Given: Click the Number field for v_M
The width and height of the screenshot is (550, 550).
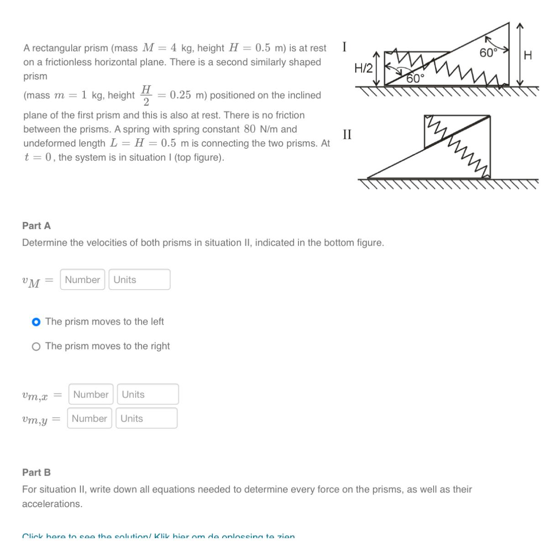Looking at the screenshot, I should pos(82,279).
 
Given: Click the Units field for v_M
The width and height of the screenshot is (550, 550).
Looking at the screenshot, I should pos(139,279).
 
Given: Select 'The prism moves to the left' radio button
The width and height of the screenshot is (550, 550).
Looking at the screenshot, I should pos(36,322).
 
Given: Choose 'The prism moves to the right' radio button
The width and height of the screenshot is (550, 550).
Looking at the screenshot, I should pos(36,346).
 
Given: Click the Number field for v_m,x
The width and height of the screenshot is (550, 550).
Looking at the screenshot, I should pos(91,394).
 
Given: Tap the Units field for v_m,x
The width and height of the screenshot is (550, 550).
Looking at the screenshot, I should pos(147,394).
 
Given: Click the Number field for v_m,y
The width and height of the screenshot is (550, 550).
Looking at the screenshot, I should pos(89,418).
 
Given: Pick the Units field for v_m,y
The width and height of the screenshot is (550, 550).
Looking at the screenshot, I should pos(146,418).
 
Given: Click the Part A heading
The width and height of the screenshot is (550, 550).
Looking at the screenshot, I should pos(37,225).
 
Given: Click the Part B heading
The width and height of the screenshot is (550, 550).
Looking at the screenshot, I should pos(37,472).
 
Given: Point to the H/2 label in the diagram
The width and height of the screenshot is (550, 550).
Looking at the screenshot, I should pos(363,68).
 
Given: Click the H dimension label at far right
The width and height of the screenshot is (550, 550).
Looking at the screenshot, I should pos(528,56).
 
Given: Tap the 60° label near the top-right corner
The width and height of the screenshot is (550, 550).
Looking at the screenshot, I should pos(488,53).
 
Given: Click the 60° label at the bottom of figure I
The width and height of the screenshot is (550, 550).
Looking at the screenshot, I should pos(415,79).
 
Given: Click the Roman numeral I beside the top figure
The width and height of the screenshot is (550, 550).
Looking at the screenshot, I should pos(344,47).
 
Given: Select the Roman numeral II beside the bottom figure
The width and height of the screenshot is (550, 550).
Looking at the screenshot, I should pos(347,134).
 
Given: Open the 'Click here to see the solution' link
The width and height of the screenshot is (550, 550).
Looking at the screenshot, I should pos(158,536).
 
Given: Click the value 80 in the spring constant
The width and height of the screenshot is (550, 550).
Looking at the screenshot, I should pos(249,129).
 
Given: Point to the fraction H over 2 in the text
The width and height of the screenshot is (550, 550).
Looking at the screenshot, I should pos(146,95).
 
